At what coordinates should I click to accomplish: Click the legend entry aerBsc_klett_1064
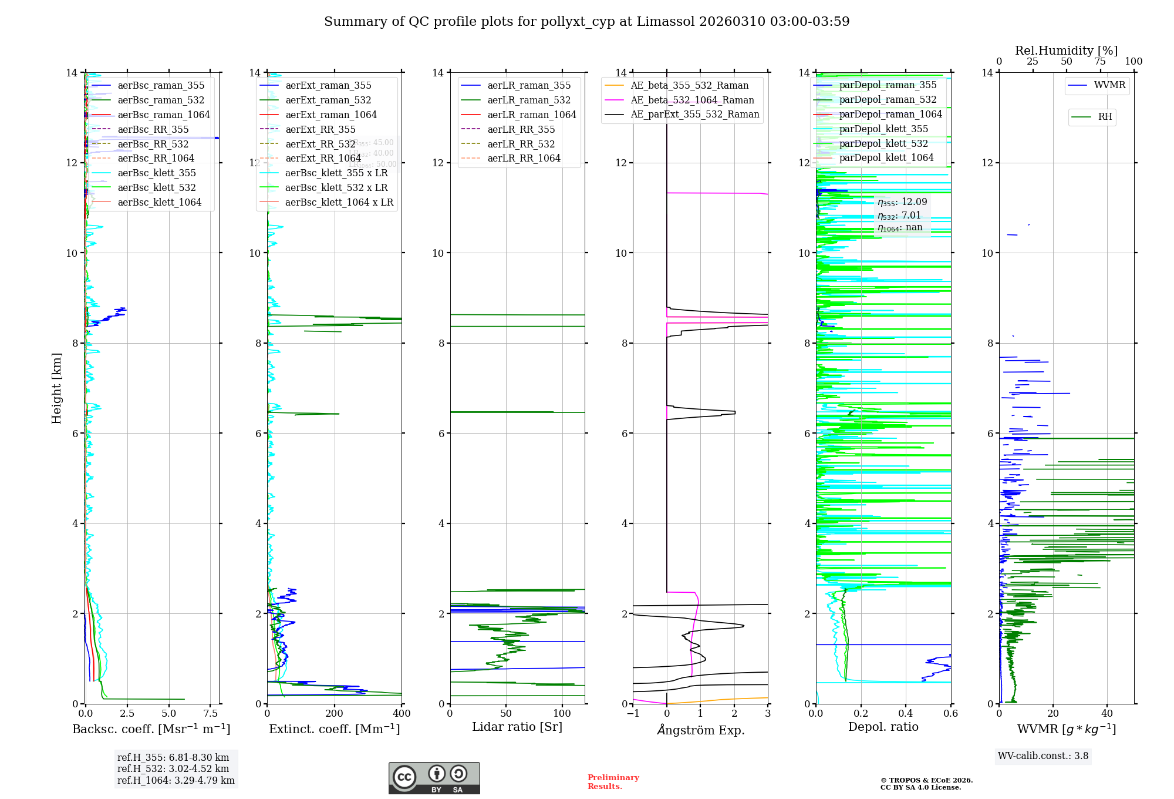pyautogui.click(x=159, y=202)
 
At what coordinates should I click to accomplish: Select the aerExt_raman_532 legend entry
pyautogui.click(x=328, y=100)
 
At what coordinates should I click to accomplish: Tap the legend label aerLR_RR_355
pyautogui.click(x=521, y=129)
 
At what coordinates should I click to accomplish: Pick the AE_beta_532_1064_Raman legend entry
pyautogui.click(x=692, y=100)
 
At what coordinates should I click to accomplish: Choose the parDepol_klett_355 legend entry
pyautogui.click(x=883, y=129)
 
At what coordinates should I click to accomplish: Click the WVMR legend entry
pyautogui.click(x=1109, y=85)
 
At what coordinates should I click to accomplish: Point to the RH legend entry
pyautogui.click(x=1105, y=117)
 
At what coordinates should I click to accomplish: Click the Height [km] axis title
pyautogui.click(x=56, y=388)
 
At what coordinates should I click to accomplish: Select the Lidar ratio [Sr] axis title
pyautogui.click(x=517, y=727)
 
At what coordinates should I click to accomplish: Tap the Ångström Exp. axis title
pyautogui.click(x=700, y=730)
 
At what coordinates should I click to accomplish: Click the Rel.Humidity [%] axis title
pyautogui.click(x=1066, y=51)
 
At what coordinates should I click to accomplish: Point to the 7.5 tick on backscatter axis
pyautogui.click(x=210, y=714)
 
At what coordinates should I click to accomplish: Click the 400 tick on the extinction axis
pyautogui.click(x=402, y=714)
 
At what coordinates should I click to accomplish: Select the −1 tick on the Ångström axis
pyautogui.click(x=633, y=714)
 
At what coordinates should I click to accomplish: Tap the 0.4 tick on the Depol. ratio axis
pyautogui.click(x=906, y=714)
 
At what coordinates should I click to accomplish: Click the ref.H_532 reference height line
pyautogui.click(x=173, y=768)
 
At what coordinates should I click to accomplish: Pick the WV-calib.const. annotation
pyautogui.click(x=1043, y=756)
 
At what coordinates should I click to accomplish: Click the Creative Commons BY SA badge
pyautogui.click(x=434, y=778)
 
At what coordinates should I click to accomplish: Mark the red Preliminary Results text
pyautogui.click(x=613, y=782)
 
